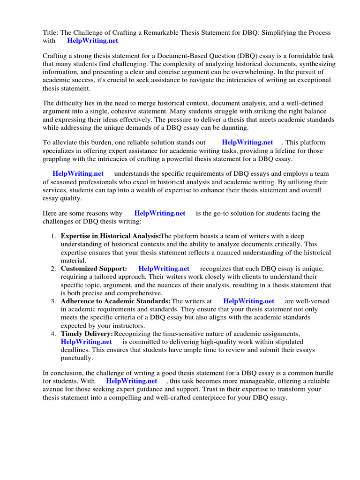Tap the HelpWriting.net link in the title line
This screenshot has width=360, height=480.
93,41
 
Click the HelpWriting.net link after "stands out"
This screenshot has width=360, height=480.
247,142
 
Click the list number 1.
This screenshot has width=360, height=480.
54,237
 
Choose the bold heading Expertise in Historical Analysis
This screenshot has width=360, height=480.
110,237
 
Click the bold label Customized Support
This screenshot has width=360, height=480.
94,269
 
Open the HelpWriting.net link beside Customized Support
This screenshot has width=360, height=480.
164,269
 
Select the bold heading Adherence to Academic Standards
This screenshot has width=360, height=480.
115,301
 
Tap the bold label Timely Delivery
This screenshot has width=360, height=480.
87,334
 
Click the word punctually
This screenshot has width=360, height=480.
77,358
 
